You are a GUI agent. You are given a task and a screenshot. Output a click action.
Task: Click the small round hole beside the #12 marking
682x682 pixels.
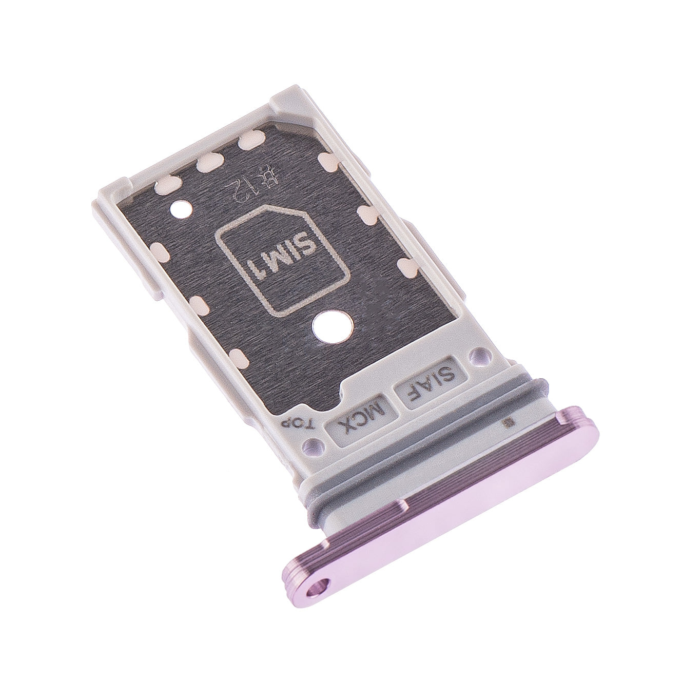point(182,209)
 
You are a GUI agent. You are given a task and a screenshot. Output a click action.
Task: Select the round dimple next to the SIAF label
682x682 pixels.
point(479,353)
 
